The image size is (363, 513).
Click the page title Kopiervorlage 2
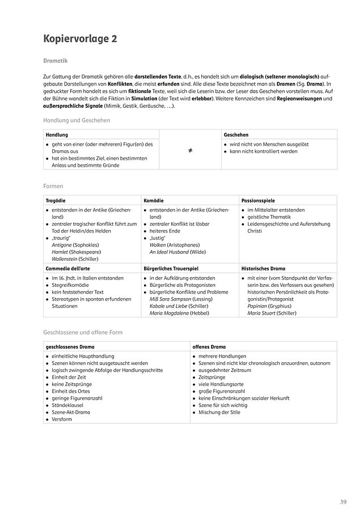80,39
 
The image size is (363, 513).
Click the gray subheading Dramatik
55,60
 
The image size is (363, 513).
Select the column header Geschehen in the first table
236,135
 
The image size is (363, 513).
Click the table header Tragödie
56,201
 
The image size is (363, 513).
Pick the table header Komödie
154,201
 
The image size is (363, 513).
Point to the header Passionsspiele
258,201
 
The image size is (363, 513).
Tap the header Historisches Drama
263,269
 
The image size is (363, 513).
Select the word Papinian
258,305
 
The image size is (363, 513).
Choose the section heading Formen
53,185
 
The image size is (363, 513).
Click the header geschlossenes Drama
70,346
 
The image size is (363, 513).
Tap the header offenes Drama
209,346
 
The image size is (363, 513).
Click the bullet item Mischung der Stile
220,412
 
